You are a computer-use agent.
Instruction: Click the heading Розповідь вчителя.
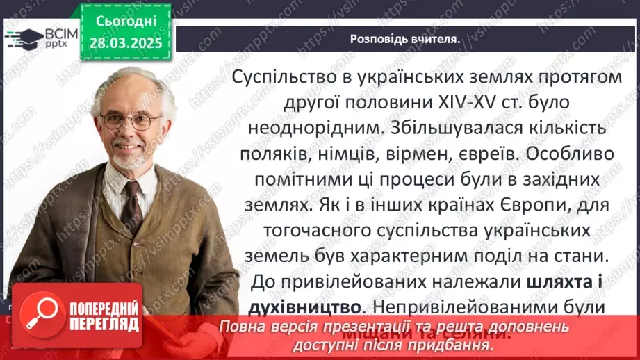point(404,39)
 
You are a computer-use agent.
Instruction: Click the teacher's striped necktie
point(131,202)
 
